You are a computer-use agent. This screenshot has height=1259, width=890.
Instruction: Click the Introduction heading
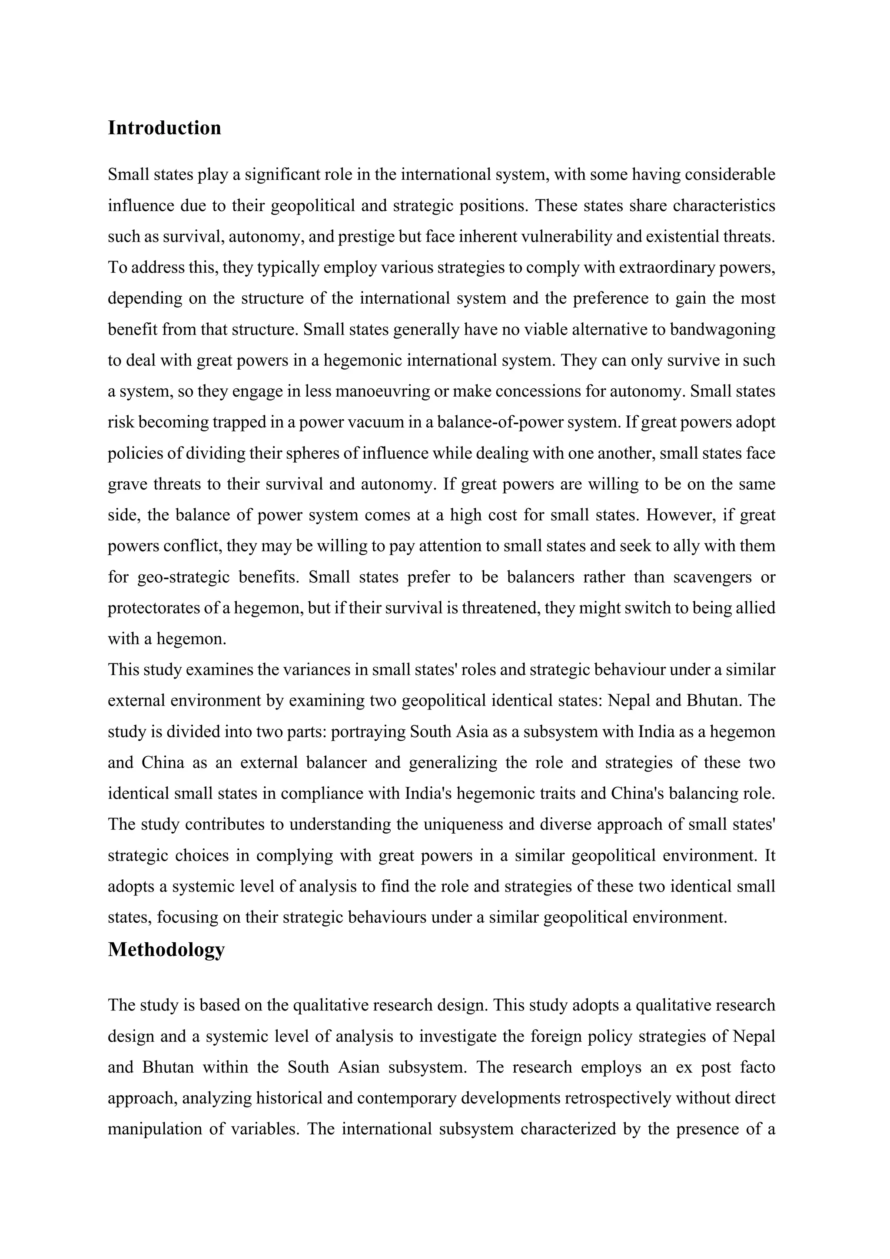(x=165, y=128)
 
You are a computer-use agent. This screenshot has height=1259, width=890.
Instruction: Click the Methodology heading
(x=166, y=949)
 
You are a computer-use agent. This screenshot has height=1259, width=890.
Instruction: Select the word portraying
(x=369, y=732)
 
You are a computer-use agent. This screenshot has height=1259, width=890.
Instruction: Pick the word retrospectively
(x=618, y=1098)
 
